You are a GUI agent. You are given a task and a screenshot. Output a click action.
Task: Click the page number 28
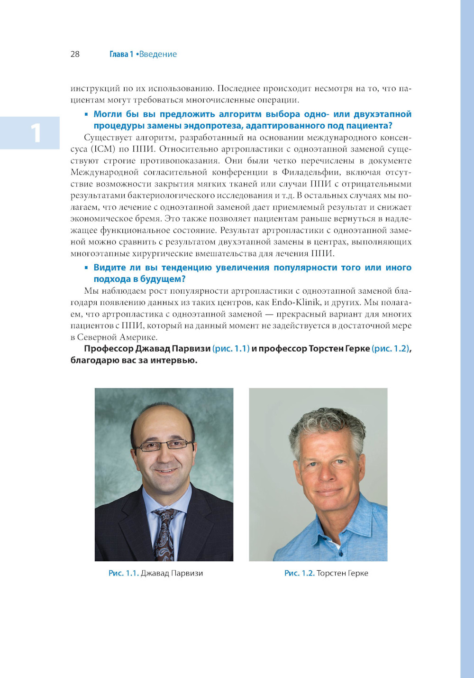(75, 54)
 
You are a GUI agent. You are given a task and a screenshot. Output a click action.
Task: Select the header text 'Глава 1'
(121, 54)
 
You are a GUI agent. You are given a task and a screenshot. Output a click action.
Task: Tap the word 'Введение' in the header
(158, 54)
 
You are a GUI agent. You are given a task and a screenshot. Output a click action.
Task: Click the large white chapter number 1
(36, 133)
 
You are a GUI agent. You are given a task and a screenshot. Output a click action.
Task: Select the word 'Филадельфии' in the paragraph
(310, 172)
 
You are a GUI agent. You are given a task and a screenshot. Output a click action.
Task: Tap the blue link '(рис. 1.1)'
(231, 349)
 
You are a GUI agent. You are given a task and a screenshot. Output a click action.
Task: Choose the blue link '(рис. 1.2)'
(390, 349)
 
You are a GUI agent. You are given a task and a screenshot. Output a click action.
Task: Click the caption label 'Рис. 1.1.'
(123, 573)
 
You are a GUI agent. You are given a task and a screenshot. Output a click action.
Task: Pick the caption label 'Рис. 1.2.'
(299, 573)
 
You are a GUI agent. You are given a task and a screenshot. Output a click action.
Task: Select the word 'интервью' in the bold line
(178, 360)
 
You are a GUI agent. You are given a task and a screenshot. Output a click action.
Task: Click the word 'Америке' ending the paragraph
(138, 337)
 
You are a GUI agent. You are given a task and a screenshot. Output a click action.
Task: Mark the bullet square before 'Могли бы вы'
(86, 114)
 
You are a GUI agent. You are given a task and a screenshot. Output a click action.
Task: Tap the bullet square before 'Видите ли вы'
(86, 268)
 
